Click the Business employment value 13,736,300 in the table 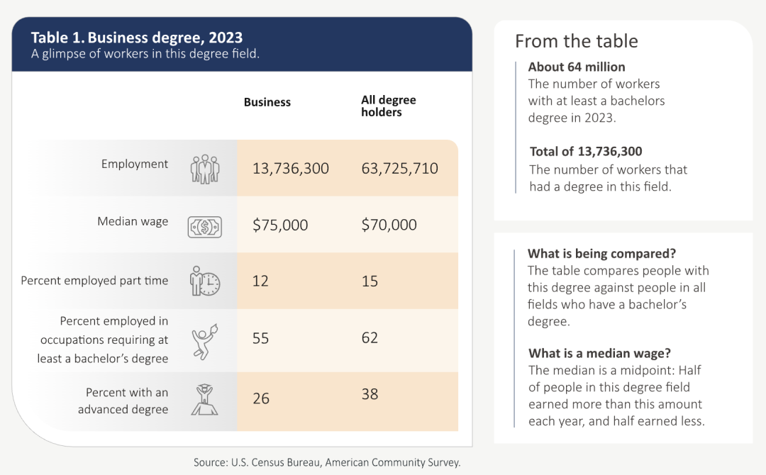point(291,169)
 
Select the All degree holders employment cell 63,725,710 point(399,169)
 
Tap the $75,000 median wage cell point(280,225)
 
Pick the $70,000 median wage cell point(389,225)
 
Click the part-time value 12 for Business point(260,281)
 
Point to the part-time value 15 point(370,281)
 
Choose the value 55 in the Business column point(260,338)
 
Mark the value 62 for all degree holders point(370,337)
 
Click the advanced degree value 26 point(261,398)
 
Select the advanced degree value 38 point(370,394)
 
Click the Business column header point(267,102)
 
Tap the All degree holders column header point(388,106)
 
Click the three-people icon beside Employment point(205,169)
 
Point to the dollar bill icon point(204,226)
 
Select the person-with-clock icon point(205,281)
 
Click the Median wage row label point(133,221)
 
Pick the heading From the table point(576,41)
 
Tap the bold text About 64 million point(577,67)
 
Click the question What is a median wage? point(599,353)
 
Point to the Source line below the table point(327,462)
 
